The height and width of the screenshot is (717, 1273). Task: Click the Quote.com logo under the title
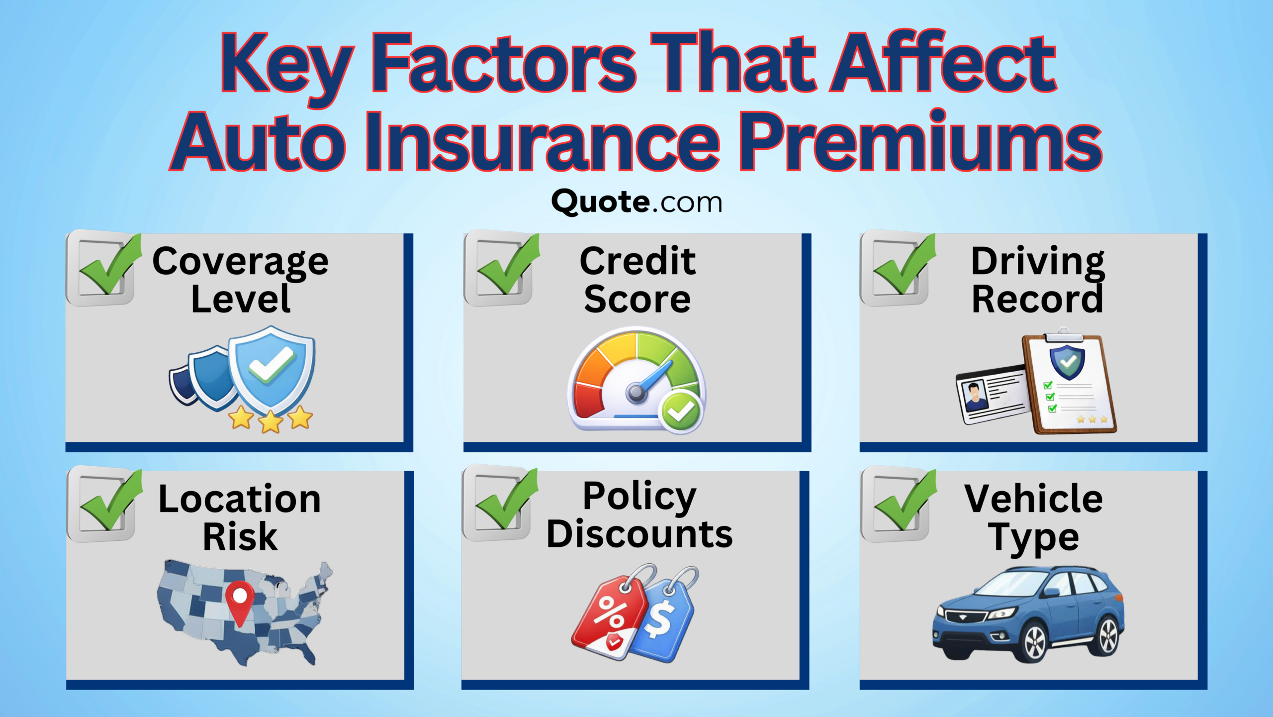pyautogui.click(x=636, y=203)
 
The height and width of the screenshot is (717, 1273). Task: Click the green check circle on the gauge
pyautogui.click(x=680, y=411)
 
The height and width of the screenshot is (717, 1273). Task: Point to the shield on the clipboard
pyautogui.click(x=1067, y=361)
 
